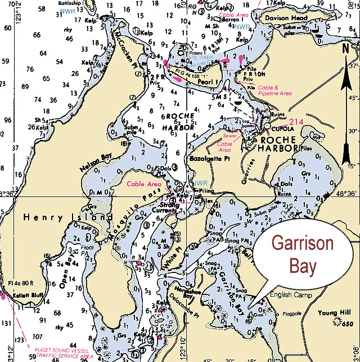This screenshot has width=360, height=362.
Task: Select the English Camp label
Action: [x=289, y=294]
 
